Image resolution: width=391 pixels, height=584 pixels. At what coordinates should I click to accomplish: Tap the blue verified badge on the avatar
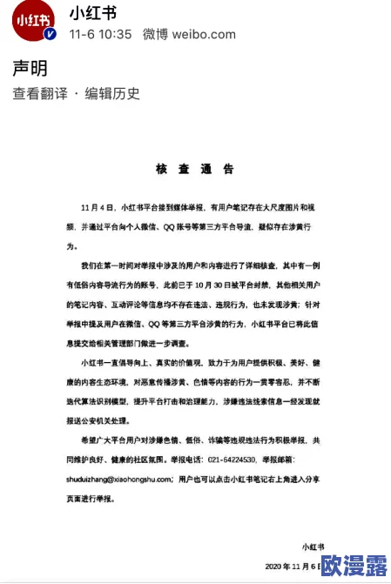click(x=51, y=34)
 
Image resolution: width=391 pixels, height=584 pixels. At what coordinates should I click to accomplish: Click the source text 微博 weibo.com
click(x=189, y=35)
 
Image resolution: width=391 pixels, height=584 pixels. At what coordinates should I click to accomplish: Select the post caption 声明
click(x=30, y=69)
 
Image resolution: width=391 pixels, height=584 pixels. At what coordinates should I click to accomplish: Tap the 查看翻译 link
click(x=38, y=94)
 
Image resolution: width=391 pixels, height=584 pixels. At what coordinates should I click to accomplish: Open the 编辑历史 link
click(x=112, y=94)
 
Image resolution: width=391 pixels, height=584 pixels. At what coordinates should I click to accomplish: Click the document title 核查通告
click(x=194, y=168)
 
